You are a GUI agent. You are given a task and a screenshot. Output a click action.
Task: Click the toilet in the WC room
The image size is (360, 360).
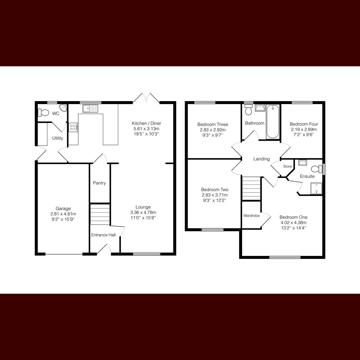[x=43, y=112]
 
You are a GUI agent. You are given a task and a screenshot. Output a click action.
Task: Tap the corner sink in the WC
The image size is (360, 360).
[x=63, y=108]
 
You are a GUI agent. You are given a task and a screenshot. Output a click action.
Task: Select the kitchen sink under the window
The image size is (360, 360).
[x=91, y=108]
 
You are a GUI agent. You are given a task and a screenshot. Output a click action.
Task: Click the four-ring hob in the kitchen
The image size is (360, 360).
[x=73, y=127]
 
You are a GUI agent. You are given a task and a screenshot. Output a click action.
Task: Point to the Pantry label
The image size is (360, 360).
[x=99, y=183]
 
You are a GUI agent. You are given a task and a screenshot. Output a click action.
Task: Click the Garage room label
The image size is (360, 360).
[x=63, y=208]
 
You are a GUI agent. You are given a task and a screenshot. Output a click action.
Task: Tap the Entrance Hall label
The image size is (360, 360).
[x=103, y=235]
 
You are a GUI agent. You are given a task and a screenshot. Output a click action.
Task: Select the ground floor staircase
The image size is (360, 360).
[x=100, y=214]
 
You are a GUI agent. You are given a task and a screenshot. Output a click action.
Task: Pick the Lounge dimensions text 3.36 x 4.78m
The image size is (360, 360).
[x=143, y=212]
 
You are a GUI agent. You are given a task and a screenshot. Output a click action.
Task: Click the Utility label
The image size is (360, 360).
[x=58, y=138]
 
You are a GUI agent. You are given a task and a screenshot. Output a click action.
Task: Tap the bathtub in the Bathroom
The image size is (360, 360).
[x=273, y=121]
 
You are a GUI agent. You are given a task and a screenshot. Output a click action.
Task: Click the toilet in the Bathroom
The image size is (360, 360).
[x=248, y=110]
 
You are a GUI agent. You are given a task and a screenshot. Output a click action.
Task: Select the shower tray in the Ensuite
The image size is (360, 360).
[x=316, y=189]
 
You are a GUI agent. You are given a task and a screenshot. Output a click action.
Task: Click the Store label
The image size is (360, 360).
[x=287, y=166]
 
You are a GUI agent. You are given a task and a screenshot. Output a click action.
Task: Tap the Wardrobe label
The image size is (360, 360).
[x=251, y=215]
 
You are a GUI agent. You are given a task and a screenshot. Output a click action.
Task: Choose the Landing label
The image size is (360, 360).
[x=261, y=159]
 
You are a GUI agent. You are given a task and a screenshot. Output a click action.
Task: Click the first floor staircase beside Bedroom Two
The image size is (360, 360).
[x=251, y=188]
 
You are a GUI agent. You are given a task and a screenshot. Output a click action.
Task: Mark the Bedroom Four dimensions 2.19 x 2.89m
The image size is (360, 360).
[x=304, y=130]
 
